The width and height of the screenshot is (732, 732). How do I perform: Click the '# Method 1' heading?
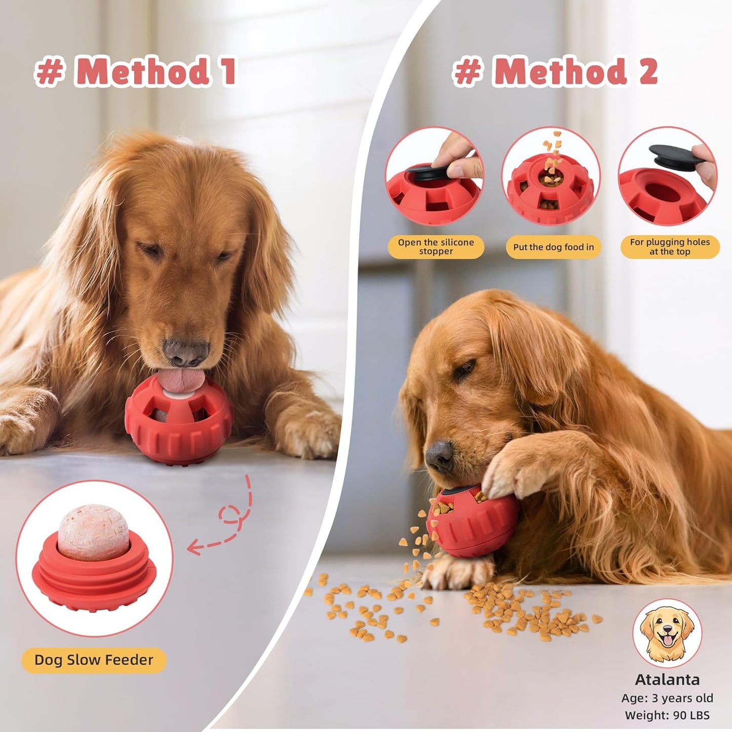click(135, 71)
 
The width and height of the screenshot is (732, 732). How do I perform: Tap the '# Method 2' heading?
click(555, 71)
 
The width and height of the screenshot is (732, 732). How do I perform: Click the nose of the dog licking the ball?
click(186, 352)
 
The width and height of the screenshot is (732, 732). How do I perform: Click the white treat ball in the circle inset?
click(93, 532)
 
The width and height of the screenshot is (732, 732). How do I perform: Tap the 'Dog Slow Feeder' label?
click(94, 660)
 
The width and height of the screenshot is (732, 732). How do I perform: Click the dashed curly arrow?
click(228, 522)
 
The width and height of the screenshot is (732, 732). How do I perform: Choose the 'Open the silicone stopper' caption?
click(436, 247)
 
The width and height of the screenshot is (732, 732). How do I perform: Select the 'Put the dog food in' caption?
click(553, 247)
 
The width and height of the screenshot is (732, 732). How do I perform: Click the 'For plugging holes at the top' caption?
click(670, 247)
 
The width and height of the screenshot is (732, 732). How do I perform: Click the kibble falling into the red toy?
click(552, 152)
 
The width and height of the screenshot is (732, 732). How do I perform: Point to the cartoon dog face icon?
click(667, 633)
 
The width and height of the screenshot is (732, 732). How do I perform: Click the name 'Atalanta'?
click(667, 680)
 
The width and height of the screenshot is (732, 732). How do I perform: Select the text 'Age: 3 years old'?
click(667, 698)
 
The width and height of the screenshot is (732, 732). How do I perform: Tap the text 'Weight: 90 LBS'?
click(667, 715)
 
